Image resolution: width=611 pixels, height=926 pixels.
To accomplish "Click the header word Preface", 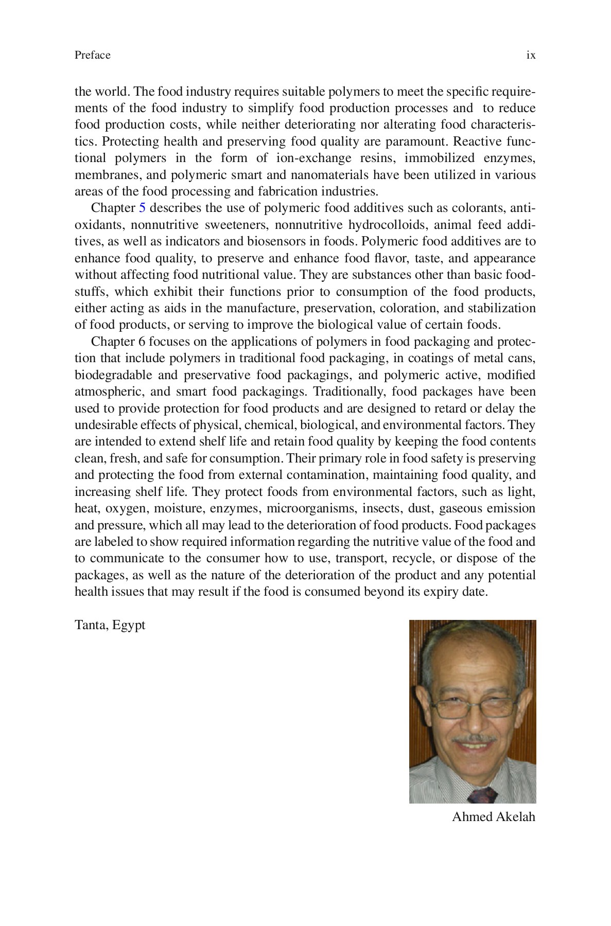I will click(92, 55).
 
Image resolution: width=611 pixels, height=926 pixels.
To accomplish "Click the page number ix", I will click(531, 55).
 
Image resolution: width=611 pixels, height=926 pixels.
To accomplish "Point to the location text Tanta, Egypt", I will click(110, 625).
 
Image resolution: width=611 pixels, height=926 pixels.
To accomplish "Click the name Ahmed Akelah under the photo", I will click(493, 816).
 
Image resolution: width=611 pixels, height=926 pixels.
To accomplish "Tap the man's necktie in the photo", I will click(482, 795).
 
